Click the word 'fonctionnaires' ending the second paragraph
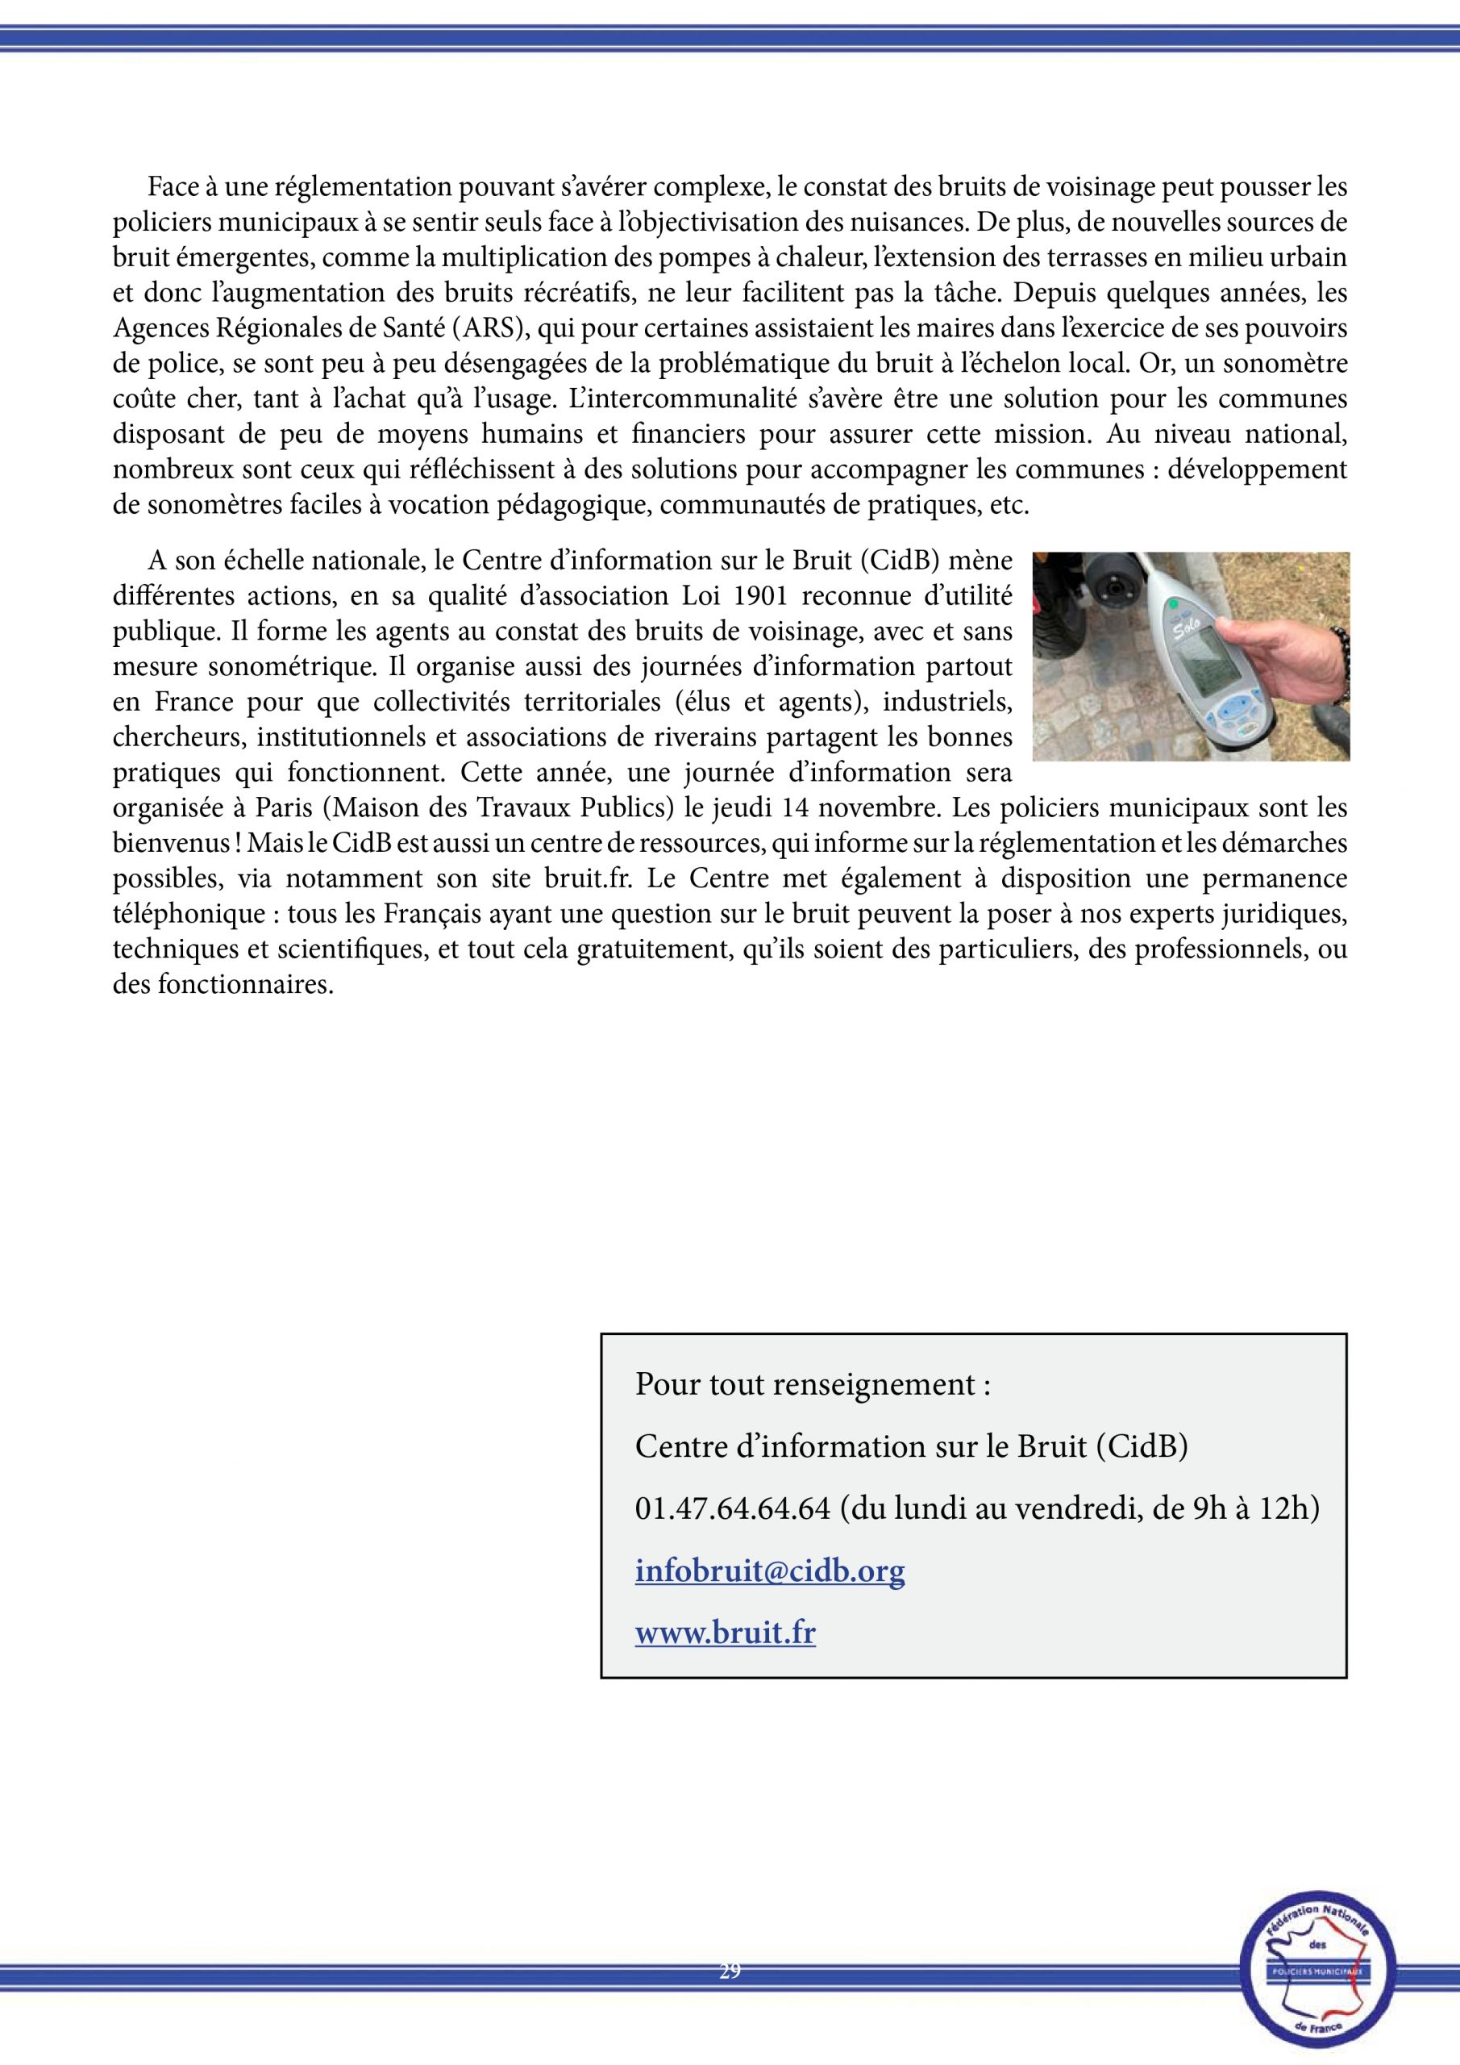[x=242, y=984]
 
